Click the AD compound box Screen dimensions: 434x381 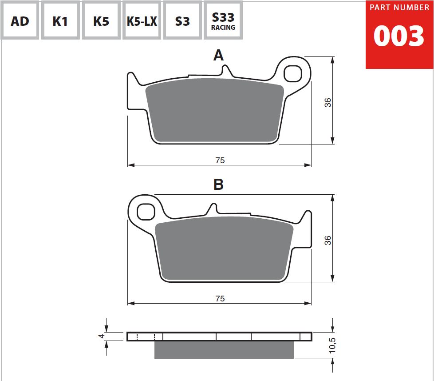point(20,20)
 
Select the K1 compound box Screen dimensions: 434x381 point(60,20)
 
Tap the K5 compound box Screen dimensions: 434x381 point(101,20)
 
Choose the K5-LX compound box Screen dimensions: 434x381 point(142,20)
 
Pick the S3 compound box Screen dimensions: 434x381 point(182,20)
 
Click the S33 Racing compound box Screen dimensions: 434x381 point(223,20)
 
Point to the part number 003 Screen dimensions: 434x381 point(398,36)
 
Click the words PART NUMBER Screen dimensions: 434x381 point(399,8)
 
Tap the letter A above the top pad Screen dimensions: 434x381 point(218,55)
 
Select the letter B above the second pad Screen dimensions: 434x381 point(218,184)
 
